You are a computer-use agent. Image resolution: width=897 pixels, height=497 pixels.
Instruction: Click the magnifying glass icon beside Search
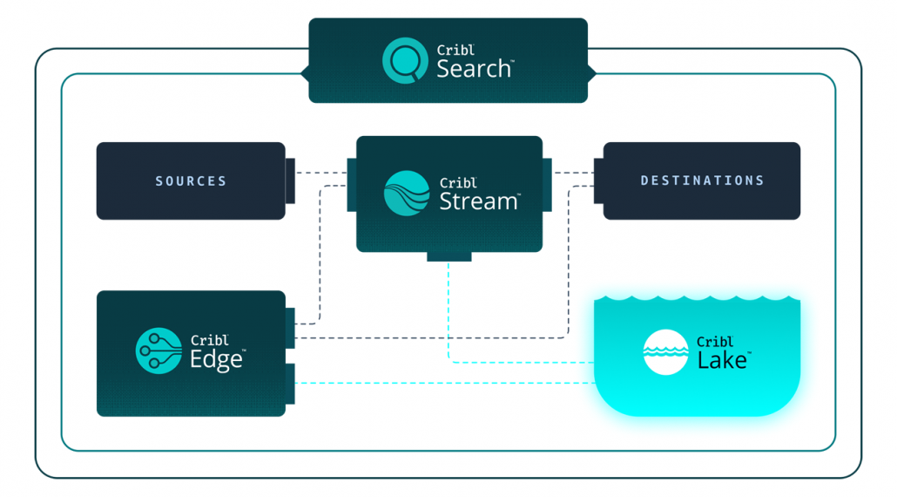[x=403, y=60]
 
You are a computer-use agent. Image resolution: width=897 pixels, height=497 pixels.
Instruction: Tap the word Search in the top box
[x=475, y=69]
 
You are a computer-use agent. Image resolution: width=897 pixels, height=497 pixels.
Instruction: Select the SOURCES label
[x=191, y=181]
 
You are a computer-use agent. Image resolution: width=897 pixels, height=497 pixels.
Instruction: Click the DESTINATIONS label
[x=702, y=180]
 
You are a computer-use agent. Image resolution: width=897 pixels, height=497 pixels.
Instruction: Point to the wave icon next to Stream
[x=407, y=193]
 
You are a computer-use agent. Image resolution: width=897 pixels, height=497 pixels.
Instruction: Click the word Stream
[x=478, y=201]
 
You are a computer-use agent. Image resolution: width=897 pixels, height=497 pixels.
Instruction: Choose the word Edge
[x=216, y=359]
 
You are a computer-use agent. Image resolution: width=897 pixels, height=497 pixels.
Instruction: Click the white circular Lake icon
[x=665, y=352]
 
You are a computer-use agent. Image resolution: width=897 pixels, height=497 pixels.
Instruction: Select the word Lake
[x=722, y=360]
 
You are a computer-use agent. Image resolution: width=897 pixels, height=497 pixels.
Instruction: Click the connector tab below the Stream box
[x=448, y=256]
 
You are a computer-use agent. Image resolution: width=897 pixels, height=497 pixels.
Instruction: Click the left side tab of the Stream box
[x=352, y=184]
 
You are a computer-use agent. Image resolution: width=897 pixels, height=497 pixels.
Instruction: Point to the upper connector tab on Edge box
[x=290, y=323]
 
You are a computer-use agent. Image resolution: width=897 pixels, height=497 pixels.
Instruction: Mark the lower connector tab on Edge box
[x=290, y=384]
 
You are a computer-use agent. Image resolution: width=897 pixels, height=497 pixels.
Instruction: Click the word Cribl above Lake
[x=716, y=342]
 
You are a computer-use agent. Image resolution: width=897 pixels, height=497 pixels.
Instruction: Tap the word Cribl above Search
[x=456, y=51]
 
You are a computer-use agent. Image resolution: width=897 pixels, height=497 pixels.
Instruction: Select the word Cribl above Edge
[x=209, y=341]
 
